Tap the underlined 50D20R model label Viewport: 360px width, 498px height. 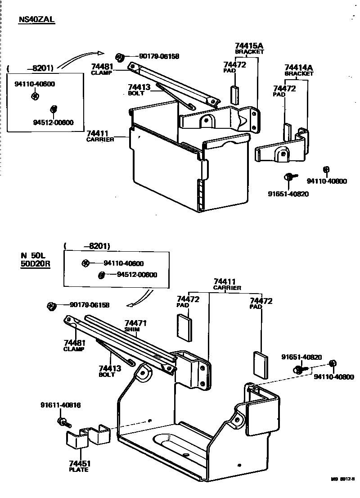35,264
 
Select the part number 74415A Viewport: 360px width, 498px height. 249,46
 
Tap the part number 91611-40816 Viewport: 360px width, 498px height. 61,405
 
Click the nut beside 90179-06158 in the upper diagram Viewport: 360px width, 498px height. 120,57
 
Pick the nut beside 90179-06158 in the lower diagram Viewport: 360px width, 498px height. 51,306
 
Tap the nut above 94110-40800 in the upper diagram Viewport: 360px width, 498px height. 327,169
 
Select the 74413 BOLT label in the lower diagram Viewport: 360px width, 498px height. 109,371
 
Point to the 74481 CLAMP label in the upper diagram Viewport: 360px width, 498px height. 102,69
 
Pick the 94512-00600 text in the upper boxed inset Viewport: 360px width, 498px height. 53,122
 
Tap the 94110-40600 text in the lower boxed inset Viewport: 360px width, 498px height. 123,263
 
